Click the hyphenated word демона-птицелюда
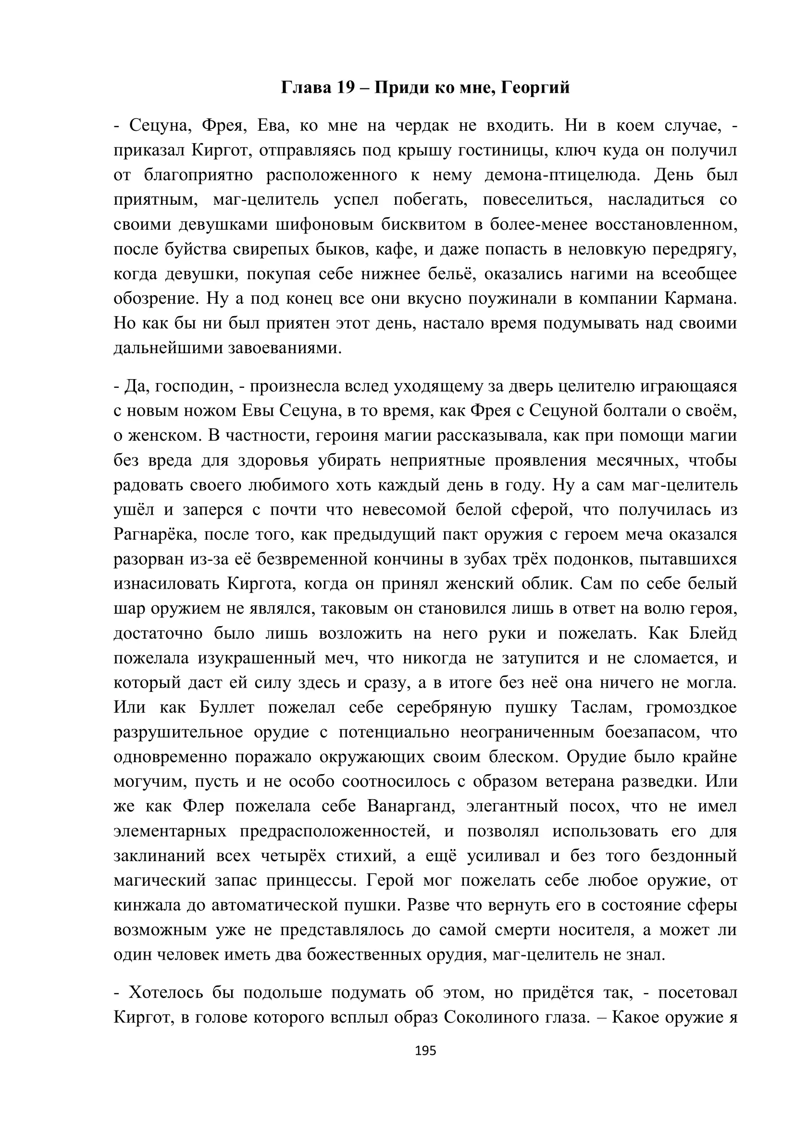click(x=562, y=175)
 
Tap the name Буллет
click(x=227, y=707)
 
